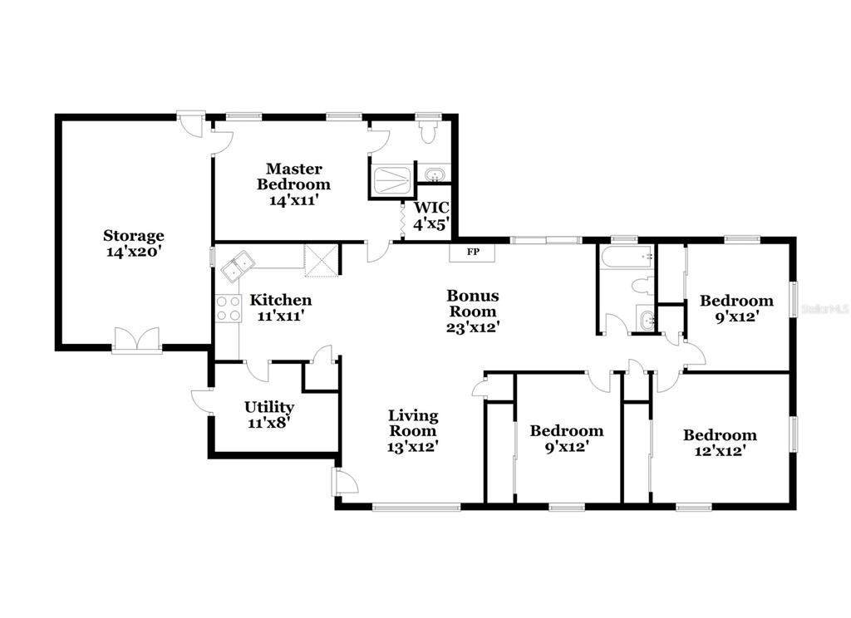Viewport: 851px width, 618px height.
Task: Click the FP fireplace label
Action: click(473, 252)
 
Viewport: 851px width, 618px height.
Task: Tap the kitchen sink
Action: click(238, 267)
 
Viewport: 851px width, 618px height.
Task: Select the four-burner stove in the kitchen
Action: click(229, 308)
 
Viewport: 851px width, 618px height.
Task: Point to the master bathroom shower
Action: click(392, 181)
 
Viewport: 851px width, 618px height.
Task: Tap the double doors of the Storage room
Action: click(137, 341)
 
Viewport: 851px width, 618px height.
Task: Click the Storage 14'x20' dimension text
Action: click(134, 253)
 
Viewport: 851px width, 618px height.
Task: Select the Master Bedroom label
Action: click(293, 176)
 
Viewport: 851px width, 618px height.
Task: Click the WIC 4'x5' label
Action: click(431, 215)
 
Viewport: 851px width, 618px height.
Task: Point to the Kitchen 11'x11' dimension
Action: click(281, 316)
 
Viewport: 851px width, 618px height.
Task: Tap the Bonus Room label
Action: click(473, 303)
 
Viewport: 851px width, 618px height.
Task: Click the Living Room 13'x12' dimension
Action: click(412, 447)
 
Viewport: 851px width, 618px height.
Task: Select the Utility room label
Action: click(269, 407)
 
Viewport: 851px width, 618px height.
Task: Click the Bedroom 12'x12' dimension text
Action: click(720, 450)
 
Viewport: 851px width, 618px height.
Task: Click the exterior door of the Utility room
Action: click(202, 401)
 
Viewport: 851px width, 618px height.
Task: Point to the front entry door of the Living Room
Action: click(345, 482)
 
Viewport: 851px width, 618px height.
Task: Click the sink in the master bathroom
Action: click(434, 175)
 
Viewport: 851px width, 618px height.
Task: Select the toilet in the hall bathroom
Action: click(644, 286)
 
